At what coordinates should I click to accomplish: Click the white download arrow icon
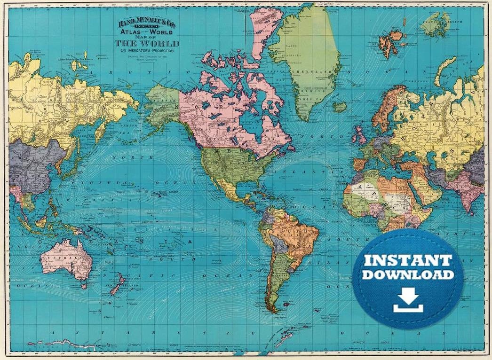(408, 301)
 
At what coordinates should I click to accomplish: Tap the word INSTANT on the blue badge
(408, 260)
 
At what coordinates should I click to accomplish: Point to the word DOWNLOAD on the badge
(408, 274)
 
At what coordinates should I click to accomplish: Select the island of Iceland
(340, 107)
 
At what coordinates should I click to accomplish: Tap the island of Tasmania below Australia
(83, 285)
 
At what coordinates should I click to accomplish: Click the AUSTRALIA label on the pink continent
(66, 259)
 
